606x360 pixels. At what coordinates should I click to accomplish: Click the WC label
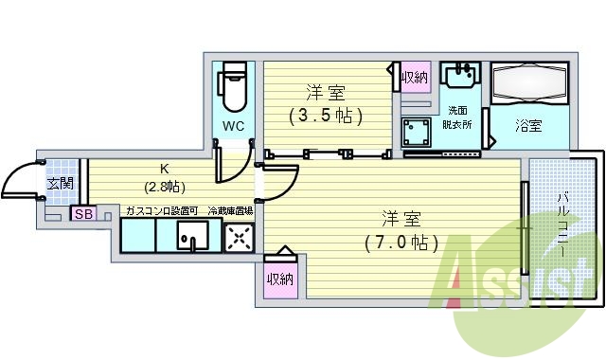(x=234, y=126)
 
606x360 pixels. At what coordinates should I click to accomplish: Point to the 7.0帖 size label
(x=401, y=242)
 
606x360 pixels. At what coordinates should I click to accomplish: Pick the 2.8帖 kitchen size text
(x=164, y=187)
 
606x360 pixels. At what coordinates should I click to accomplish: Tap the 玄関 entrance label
(x=61, y=183)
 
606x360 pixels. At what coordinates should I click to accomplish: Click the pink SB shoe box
(x=81, y=214)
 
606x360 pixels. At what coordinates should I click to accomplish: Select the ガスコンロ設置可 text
(x=161, y=211)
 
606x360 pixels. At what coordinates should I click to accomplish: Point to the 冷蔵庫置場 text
(x=230, y=211)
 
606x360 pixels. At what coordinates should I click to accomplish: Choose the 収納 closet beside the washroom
(x=415, y=78)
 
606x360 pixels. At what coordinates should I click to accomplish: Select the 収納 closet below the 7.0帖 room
(x=278, y=279)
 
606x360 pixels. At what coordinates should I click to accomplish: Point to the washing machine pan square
(x=417, y=131)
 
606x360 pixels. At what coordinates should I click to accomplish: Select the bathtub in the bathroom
(x=530, y=83)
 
